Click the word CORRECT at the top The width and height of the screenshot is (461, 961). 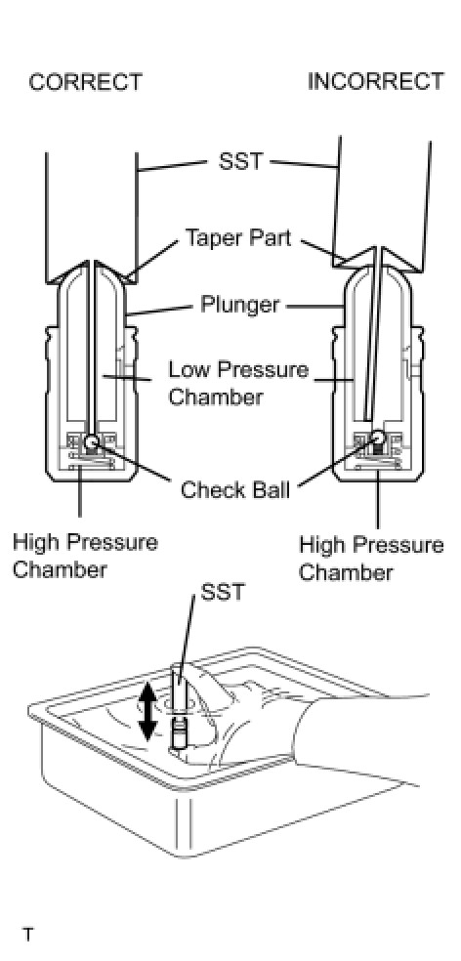(85, 82)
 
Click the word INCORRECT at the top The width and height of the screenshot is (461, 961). (376, 81)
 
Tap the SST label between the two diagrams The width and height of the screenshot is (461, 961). (240, 162)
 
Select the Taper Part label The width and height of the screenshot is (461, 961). (238, 237)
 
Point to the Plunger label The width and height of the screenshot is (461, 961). (240, 305)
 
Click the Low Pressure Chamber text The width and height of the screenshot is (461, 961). (238, 383)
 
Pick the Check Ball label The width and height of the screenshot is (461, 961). (234, 490)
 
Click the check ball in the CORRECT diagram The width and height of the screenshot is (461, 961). (92, 440)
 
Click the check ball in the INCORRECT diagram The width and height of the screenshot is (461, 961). (376, 437)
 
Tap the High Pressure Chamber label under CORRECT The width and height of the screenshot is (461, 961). (85, 557)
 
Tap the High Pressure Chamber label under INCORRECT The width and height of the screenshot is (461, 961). (371, 559)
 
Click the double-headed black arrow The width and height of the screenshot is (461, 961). (147, 711)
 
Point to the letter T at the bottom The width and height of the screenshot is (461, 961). (28, 936)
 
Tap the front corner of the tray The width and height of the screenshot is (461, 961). (184, 855)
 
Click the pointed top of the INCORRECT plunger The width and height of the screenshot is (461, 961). (379, 248)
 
